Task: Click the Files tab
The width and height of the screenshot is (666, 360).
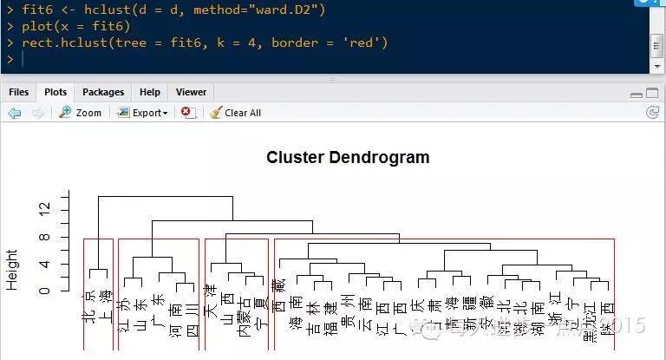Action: pyautogui.click(x=18, y=92)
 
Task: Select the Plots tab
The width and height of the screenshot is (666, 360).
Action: pyautogui.click(x=55, y=92)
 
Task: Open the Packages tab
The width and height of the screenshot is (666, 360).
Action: pyautogui.click(x=103, y=92)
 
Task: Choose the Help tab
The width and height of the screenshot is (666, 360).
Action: pyautogui.click(x=150, y=92)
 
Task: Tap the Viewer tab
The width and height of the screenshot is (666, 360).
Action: pyautogui.click(x=191, y=92)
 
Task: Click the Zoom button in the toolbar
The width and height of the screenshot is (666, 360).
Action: pyautogui.click(x=80, y=113)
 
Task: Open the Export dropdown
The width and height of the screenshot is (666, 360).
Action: pyautogui.click(x=144, y=113)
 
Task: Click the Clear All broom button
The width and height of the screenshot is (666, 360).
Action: pyautogui.click(x=235, y=113)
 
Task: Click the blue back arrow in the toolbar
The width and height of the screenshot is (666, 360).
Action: pyautogui.click(x=14, y=113)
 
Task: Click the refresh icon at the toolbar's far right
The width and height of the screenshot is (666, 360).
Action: pyautogui.click(x=652, y=113)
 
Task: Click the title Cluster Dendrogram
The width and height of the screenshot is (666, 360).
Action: pyautogui.click(x=348, y=157)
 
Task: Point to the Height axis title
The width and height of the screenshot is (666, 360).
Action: pyautogui.click(x=12, y=269)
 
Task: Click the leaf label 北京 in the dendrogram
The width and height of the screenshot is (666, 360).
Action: pyautogui.click(x=88, y=308)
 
